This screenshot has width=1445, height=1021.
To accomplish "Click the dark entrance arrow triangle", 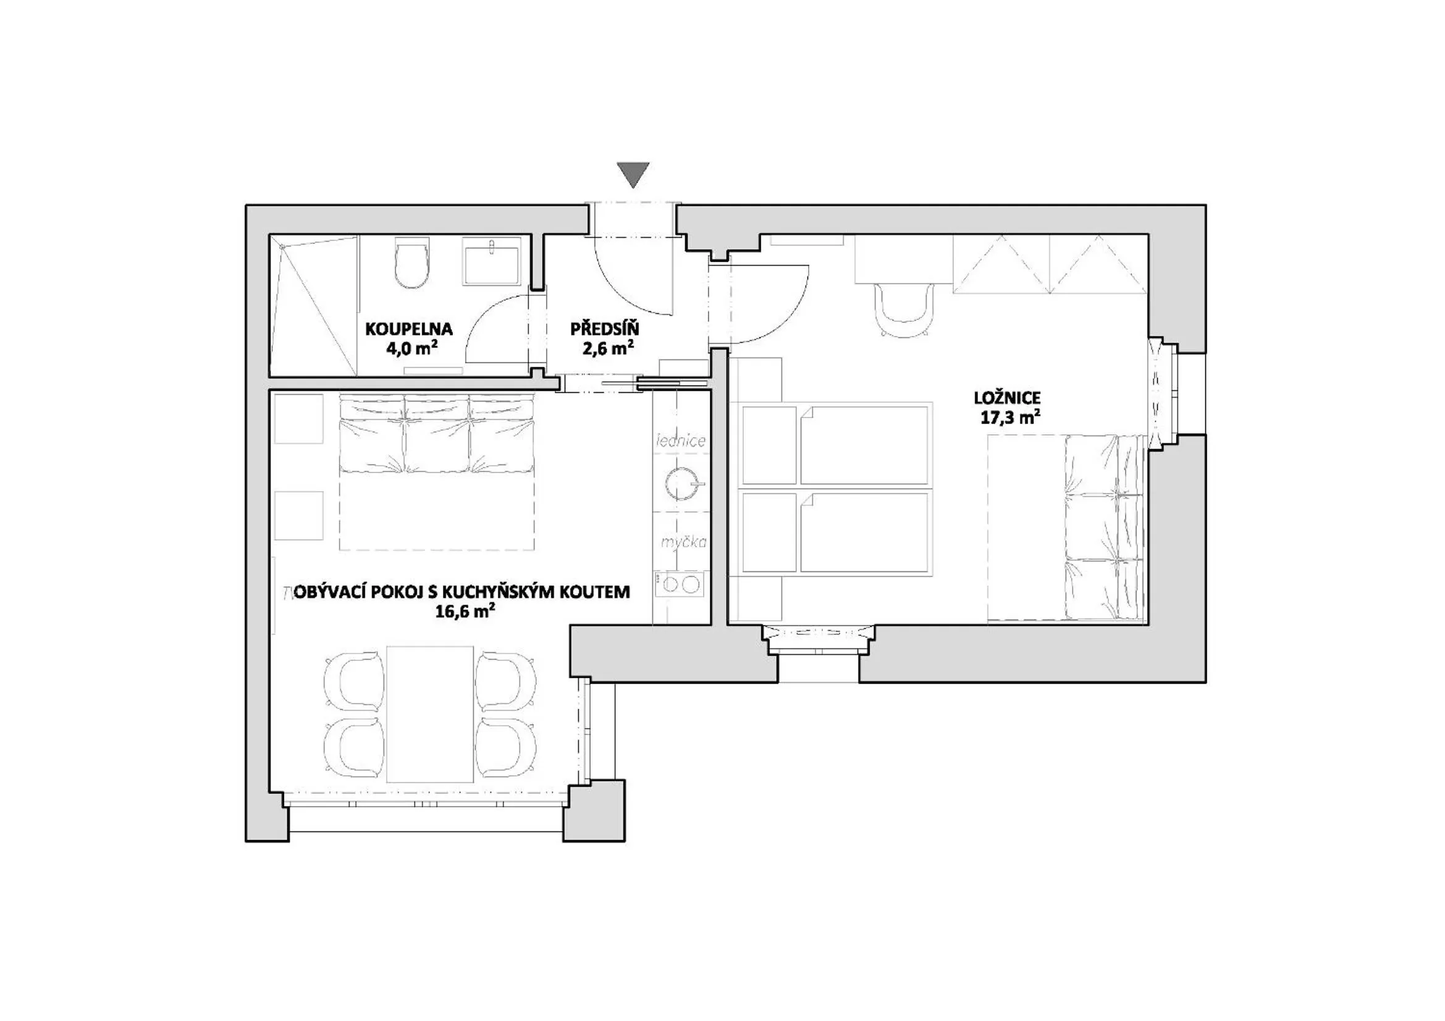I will [x=633, y=174].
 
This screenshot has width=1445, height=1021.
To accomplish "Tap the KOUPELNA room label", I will [x=409, y=329].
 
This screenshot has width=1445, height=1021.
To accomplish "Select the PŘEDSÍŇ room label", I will [x=605, y=329].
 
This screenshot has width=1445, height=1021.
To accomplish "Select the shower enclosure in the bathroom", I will [x=313, y=305].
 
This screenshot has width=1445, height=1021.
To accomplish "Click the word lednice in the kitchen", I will [x=681, y=441].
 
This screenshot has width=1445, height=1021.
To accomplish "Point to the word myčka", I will [x=683, y=542].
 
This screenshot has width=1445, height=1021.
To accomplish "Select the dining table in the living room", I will [x=430, y=714].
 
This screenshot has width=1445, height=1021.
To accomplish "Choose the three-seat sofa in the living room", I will [x=436, y=434].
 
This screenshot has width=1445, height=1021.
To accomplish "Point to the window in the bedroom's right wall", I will [x=1158, y=395].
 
